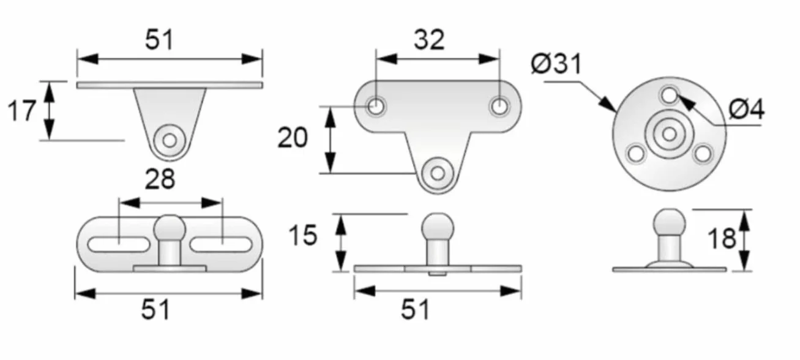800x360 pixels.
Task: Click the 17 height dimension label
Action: coord(21,110)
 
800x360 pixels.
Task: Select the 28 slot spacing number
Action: coord(160,179)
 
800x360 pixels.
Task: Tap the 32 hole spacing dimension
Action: coord(429,40)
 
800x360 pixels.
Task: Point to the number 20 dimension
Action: coord(293,138)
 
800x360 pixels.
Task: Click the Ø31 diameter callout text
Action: coord(556,64)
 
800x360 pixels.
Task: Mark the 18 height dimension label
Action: coord(722,239)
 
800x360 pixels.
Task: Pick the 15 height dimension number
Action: coord(303,235)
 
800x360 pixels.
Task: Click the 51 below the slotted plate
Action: coord(155,310)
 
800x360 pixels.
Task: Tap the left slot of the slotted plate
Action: coord(119,245)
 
